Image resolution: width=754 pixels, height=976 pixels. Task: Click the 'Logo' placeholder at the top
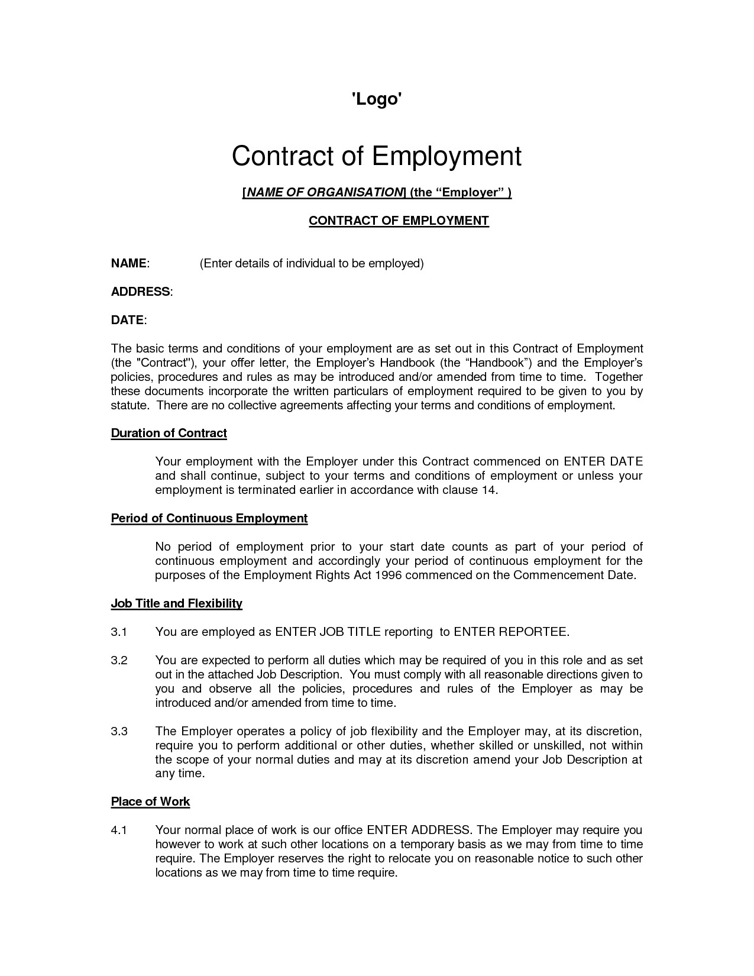point(377,99)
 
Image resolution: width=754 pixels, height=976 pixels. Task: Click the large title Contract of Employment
point(377,156)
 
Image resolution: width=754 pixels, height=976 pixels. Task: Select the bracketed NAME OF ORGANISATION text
point(323,193)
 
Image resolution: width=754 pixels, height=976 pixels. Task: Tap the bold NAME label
point(129,263)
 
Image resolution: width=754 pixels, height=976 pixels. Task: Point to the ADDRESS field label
point(141,292)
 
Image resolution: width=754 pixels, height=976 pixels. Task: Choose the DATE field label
point(127,320)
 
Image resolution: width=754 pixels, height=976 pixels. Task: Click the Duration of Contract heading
point(169,434)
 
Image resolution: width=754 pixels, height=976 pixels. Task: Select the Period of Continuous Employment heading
point(209,519)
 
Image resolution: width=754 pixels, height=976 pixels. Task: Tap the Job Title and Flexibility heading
point(177,604)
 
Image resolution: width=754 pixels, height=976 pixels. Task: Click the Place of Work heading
point(150,802)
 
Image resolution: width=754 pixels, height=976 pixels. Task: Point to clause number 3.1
point(119,632)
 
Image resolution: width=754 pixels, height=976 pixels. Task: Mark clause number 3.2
point(119,661)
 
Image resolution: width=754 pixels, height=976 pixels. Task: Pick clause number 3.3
point(119,732)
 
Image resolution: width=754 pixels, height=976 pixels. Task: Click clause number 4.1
point(119,830)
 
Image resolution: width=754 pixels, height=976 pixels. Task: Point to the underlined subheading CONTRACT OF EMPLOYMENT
point(399,221)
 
